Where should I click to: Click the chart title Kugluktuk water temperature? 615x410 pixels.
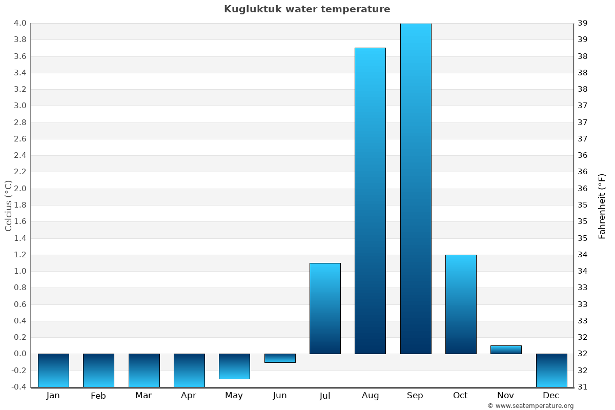(307, 9)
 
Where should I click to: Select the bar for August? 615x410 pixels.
(370, 200)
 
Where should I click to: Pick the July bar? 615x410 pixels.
(325, 308)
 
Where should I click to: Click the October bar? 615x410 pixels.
(461, 304)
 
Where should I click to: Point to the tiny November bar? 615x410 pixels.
(506, 350)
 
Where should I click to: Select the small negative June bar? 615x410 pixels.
(280, 358)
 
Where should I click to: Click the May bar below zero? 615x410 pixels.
(234, 366)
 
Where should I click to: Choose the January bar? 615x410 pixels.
(53, 371)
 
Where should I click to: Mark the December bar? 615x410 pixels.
(551, 371)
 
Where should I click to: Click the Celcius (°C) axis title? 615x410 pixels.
(8, 206)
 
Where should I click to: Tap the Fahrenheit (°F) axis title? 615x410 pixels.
(602, 206)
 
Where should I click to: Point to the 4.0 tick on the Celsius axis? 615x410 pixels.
(20, 23)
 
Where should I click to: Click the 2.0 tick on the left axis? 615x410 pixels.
(20, 189)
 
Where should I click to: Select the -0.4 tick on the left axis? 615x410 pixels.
(19, 387)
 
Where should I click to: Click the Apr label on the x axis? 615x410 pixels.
(189, 396)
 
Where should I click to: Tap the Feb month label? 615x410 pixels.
(98, 396)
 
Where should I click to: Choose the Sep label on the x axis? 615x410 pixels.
(415, 396)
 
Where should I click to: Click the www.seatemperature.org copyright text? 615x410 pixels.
(530, 406)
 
